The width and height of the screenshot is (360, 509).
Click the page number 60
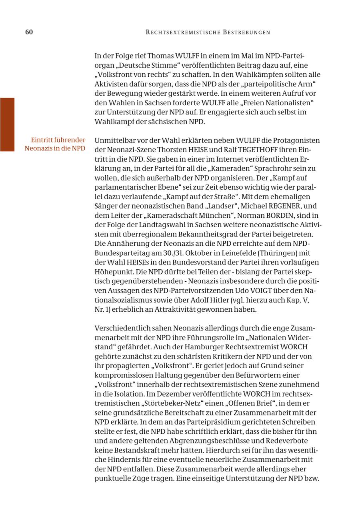pyautogui.click(x=29, y=32)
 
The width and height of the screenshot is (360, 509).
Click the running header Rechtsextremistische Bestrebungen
pyautogui.click(x=208, y=32)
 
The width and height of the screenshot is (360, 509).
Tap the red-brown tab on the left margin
pyautogui.click(x=7, y=124)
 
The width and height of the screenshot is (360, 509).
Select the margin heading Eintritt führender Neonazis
pyautogui.click(x=55, y=144)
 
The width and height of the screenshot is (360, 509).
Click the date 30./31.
pyautogui.click(x=173, y=253)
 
